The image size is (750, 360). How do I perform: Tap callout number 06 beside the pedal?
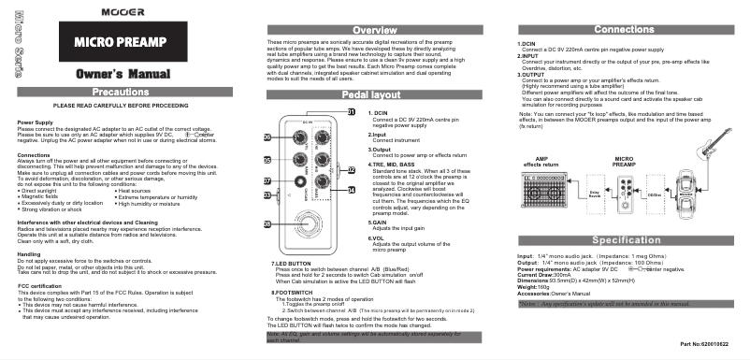(267, 137)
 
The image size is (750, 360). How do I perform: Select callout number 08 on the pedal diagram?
(267, 223)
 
